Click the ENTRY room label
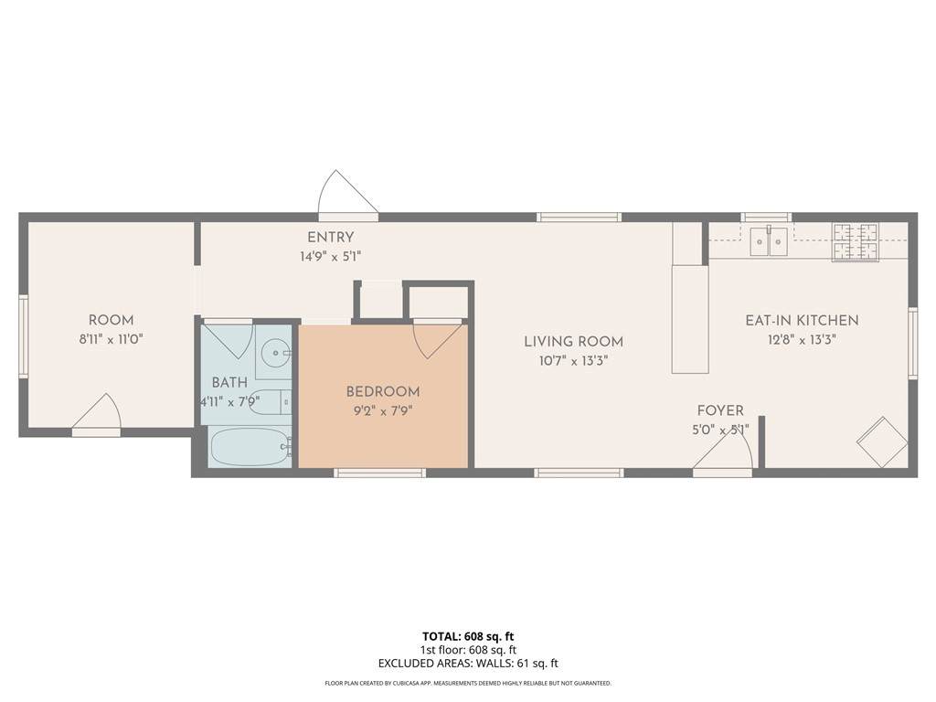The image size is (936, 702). [330, 237]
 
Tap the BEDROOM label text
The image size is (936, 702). [383, 391]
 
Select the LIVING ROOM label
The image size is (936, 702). [573, 342]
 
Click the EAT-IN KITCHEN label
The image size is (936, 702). [802, 320]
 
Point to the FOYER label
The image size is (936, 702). [720, 410]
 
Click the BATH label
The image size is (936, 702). [229, 382]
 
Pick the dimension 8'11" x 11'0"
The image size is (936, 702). [111, 340]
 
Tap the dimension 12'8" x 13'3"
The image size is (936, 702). [802, 340]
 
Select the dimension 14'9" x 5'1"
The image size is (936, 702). [331, 257]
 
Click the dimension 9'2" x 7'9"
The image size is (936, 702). [383, 410]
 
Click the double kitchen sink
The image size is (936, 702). [769, 241]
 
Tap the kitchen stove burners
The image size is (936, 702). [856, 242]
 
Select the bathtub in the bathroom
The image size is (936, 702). [250, 447]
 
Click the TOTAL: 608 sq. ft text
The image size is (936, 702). [468, 636]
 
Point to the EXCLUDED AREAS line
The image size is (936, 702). [468, 664]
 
